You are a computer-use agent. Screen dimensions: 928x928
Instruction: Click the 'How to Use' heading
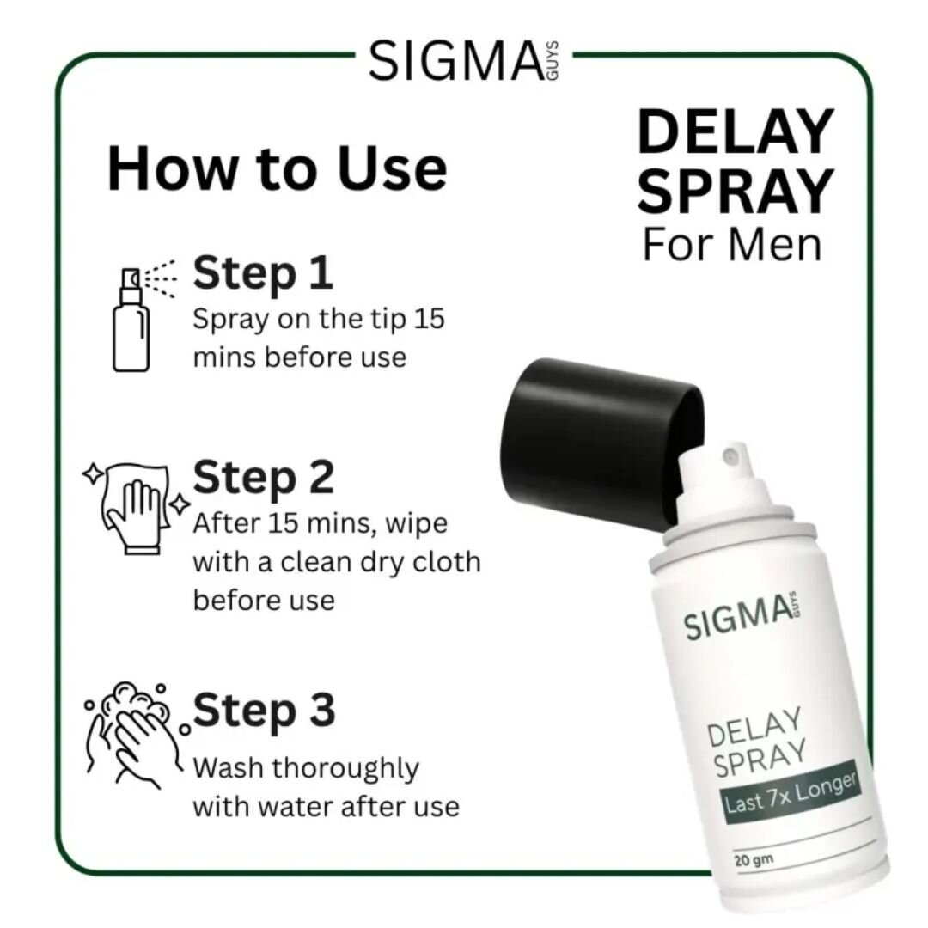(277, 169)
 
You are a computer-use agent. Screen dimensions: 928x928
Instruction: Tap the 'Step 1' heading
(263, 273)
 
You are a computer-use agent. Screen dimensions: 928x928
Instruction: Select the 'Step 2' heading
(263, 478)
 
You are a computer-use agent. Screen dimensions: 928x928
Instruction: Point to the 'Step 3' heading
(263, 711)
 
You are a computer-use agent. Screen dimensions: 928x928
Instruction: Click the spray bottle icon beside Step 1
(130, 318)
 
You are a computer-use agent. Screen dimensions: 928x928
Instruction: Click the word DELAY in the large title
(736, 133)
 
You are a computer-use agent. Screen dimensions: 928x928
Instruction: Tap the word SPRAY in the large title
(736, 191)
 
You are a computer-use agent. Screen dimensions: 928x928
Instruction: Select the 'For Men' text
(732, 244)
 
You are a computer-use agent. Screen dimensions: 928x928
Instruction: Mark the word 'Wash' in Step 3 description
(228, 767)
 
